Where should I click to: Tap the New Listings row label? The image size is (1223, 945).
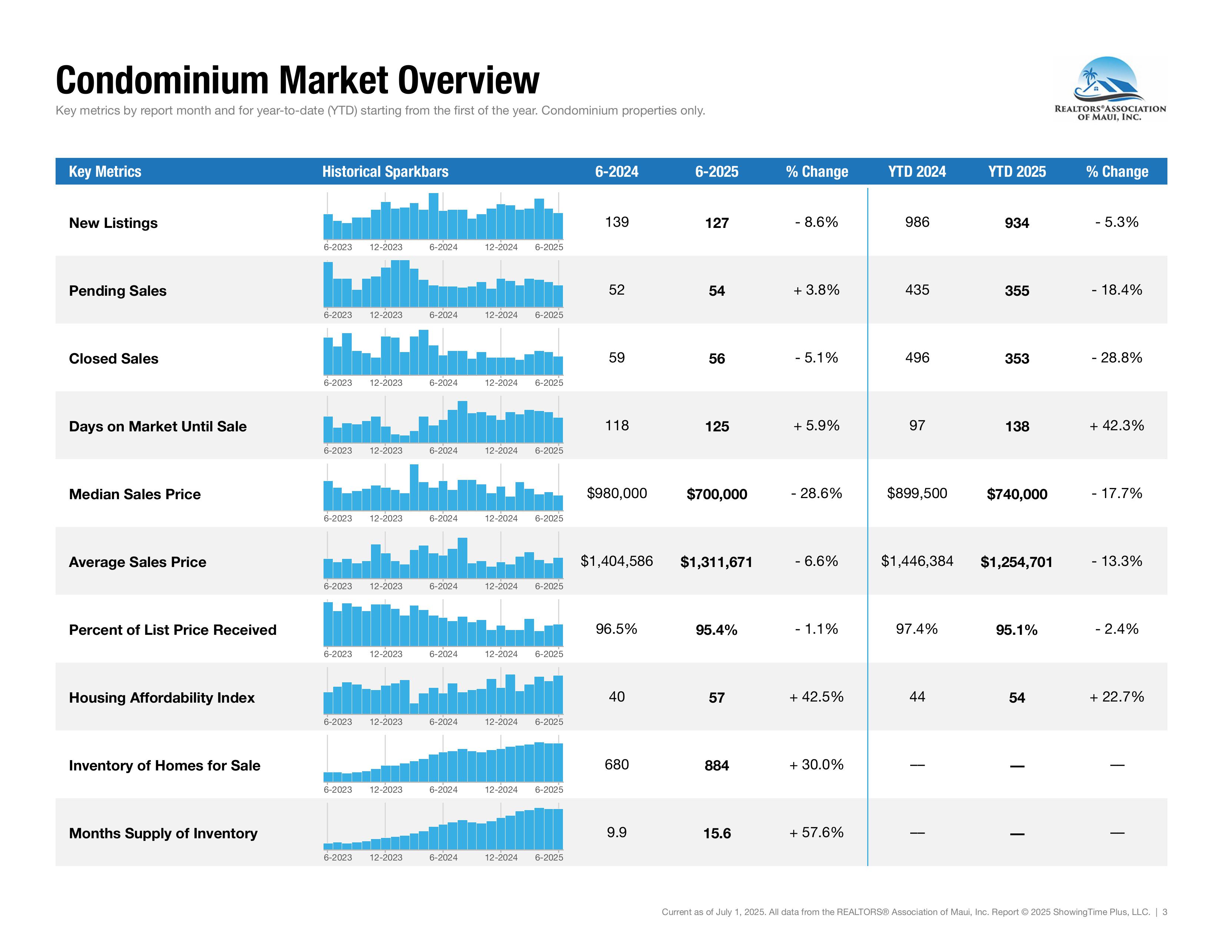(x=113, y=223)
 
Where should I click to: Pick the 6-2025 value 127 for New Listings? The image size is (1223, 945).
(x=716, y=223)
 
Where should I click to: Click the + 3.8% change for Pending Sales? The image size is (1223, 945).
(x=816, y=290)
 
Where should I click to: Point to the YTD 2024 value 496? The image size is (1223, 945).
(x=917, y=358)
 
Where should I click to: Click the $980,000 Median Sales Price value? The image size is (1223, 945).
(x=617, y=493)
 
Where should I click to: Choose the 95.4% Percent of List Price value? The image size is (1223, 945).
(x=716, y=630)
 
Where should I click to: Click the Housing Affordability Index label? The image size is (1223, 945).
(x=161, y=697)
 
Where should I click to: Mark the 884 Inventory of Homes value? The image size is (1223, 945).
(x=716, y=765)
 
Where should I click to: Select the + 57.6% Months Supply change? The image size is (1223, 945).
(x=816, y=832)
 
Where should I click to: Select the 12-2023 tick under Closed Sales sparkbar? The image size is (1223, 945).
(x=386, y=383)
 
